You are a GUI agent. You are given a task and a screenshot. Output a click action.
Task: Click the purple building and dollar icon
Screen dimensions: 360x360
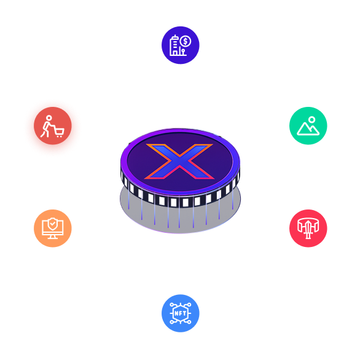[181, 45]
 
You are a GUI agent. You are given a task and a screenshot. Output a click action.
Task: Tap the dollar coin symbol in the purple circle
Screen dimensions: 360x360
[186, 42]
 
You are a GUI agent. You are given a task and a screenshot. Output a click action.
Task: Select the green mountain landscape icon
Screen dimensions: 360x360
[308, 125]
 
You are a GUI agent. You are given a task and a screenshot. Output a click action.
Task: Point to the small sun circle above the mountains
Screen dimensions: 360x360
[311, 119]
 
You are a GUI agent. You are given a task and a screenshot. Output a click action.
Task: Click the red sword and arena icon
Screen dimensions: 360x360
[308, 228]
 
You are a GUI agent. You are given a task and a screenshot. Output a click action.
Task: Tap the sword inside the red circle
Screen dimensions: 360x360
[308, 229]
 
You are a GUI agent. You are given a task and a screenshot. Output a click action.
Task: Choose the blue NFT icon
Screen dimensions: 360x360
[181, 313]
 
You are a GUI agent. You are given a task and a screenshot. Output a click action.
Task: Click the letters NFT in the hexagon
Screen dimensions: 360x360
[181, 313]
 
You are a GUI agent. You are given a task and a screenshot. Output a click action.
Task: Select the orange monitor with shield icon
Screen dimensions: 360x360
[53, 228]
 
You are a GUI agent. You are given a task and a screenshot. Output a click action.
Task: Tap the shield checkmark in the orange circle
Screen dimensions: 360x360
[53, 224]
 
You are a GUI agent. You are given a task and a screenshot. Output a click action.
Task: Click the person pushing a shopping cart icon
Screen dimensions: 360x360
[53, 125]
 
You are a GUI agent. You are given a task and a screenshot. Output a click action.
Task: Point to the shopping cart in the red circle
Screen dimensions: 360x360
[59, 133]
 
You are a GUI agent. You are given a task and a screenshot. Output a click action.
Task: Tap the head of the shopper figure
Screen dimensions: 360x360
[49, 118]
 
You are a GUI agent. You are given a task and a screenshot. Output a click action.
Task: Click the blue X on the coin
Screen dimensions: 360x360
[179, 161]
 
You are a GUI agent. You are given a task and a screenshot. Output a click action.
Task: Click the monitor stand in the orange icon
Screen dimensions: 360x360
[53, 237]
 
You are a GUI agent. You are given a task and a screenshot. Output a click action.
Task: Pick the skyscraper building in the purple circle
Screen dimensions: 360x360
[174, 45]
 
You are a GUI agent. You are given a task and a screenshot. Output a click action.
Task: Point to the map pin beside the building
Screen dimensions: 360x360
[183, 52]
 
